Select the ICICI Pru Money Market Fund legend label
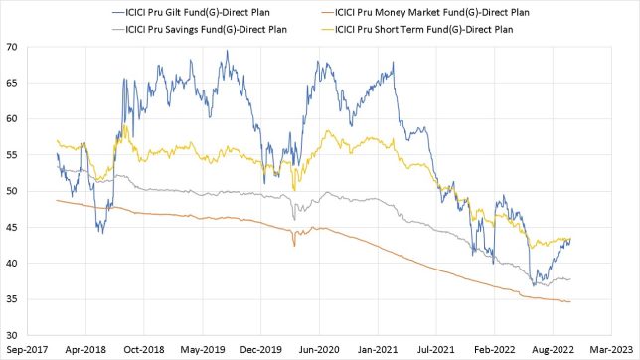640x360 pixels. (463, 11)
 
